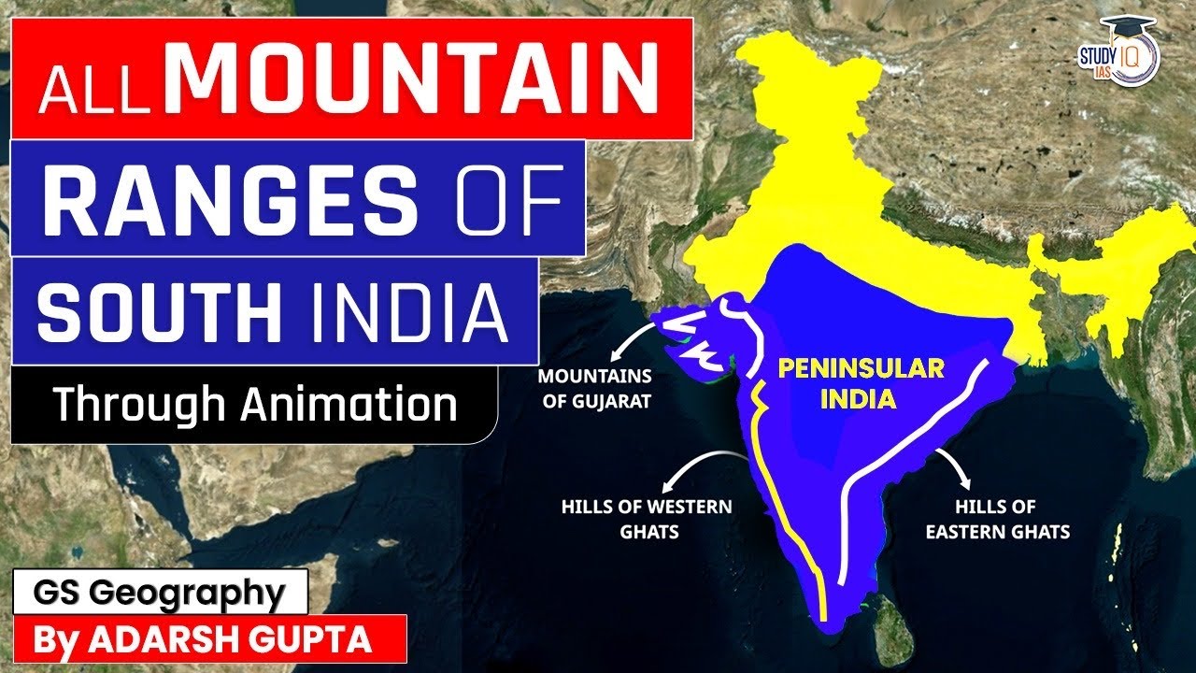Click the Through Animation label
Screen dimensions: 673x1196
point(255,405)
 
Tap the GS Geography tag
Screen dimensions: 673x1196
point(159,593)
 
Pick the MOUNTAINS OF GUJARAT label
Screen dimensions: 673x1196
point(595,390)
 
